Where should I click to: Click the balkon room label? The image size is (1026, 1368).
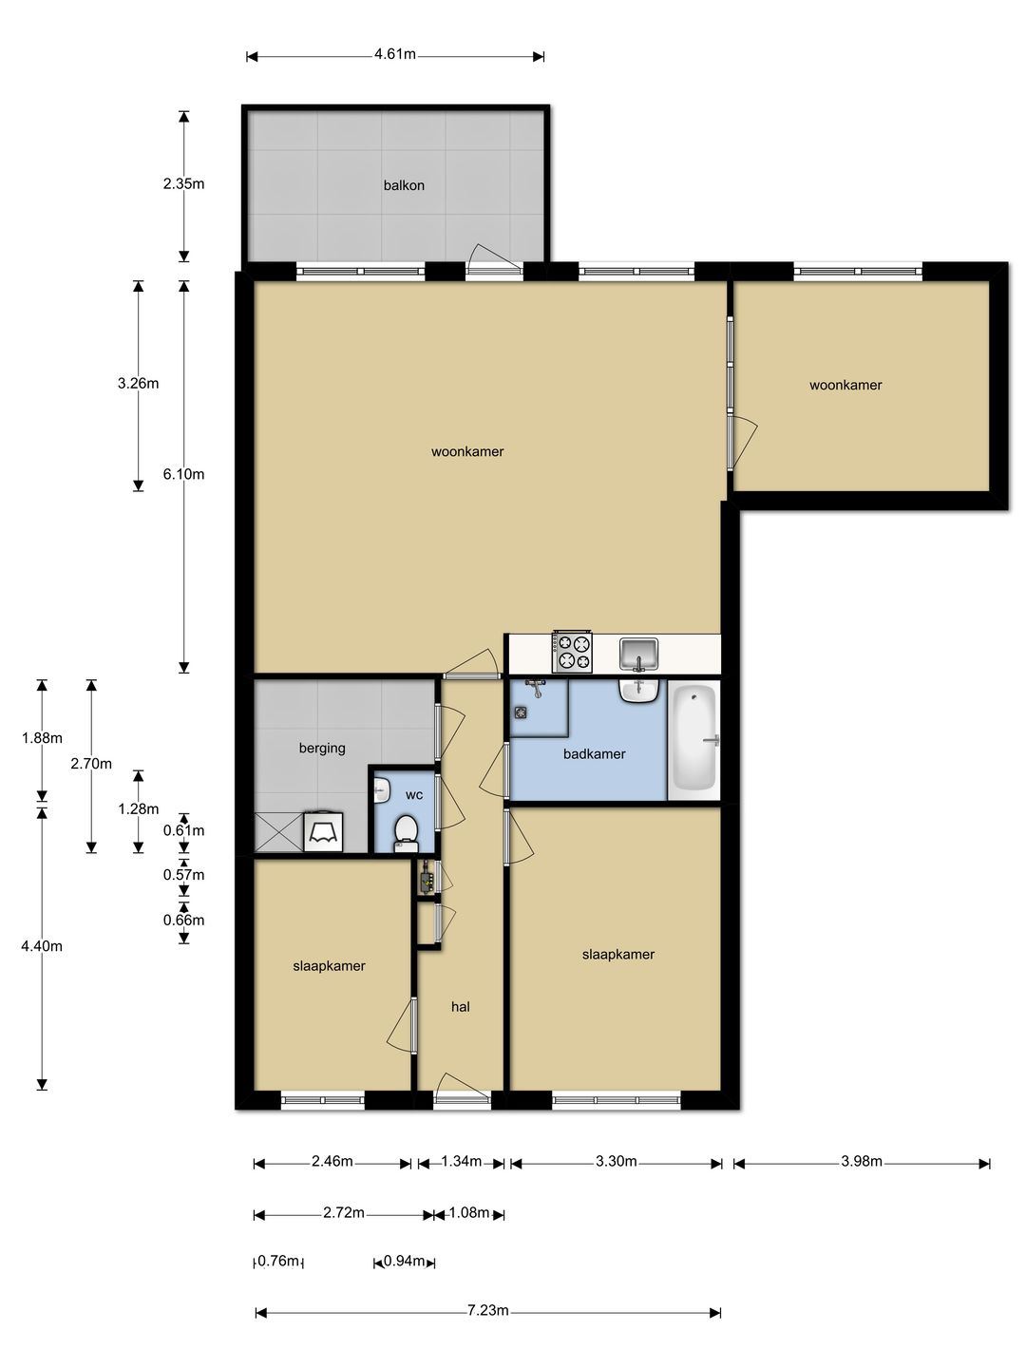404,185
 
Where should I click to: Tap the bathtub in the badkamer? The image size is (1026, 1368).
694,740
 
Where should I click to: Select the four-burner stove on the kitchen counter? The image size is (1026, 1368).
571,652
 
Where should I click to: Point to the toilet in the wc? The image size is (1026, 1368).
406,832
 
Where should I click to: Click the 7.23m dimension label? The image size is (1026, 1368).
487,1311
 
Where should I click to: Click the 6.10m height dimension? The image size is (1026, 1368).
183,474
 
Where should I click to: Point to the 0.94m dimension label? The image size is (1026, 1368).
404,1262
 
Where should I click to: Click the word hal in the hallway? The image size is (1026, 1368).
461,1006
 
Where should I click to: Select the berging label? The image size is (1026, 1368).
322,748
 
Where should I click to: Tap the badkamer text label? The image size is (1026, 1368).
595,754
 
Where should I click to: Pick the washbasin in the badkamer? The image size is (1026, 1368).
638,691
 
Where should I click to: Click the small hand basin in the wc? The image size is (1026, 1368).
381,791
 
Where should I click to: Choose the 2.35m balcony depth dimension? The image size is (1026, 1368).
183,184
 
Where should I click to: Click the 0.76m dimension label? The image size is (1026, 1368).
278,1262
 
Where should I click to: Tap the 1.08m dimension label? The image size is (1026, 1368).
469,1213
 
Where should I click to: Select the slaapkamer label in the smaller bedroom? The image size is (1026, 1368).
329,966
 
